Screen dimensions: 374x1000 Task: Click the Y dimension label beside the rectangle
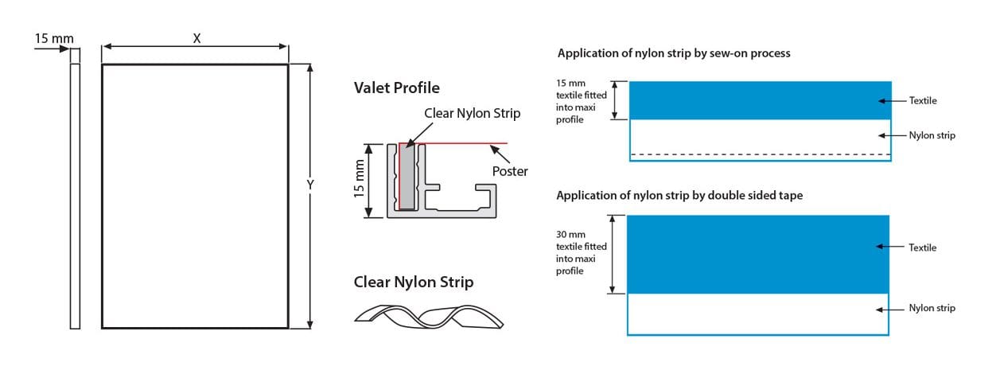(x=310, y=185)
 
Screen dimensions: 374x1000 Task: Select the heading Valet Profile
(x=396, y=88)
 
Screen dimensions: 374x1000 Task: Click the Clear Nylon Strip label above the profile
(x=472, y=113)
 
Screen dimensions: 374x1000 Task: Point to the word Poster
(x=509, y=171)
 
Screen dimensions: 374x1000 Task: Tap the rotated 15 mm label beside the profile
(x=360, y=180)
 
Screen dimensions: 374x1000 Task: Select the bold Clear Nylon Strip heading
(x=414, y=282)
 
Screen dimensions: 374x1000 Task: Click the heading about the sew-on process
(x=673, y=53)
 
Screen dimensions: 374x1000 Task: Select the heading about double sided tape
(x=679, y=195)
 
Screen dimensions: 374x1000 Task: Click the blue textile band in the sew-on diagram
(x=760, y=100)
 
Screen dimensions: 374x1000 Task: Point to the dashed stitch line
(x=760, y=154)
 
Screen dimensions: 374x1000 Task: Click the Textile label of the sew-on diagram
(x=923, y=101)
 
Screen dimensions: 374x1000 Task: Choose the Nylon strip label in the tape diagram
(x=932, y=308)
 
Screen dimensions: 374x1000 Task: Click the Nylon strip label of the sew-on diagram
(x=932, y=136)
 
